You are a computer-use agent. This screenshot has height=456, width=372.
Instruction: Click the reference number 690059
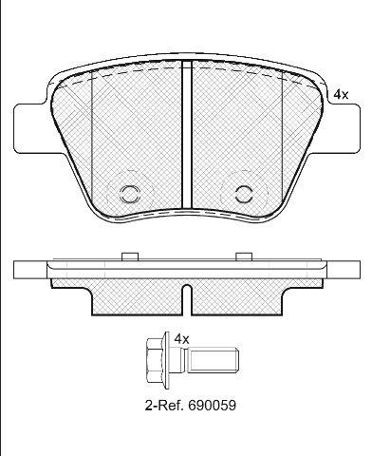212,405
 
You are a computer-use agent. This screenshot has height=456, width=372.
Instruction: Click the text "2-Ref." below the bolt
164,405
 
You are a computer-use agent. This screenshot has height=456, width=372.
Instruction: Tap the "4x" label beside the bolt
181,339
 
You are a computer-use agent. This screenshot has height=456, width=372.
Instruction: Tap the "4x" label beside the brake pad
341,94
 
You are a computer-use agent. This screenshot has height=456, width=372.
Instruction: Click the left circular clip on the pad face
129,194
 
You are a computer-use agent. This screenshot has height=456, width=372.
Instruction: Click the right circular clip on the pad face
244,194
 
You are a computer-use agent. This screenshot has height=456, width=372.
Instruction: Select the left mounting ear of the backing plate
31,129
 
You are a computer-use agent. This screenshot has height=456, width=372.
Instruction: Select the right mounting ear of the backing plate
343,129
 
